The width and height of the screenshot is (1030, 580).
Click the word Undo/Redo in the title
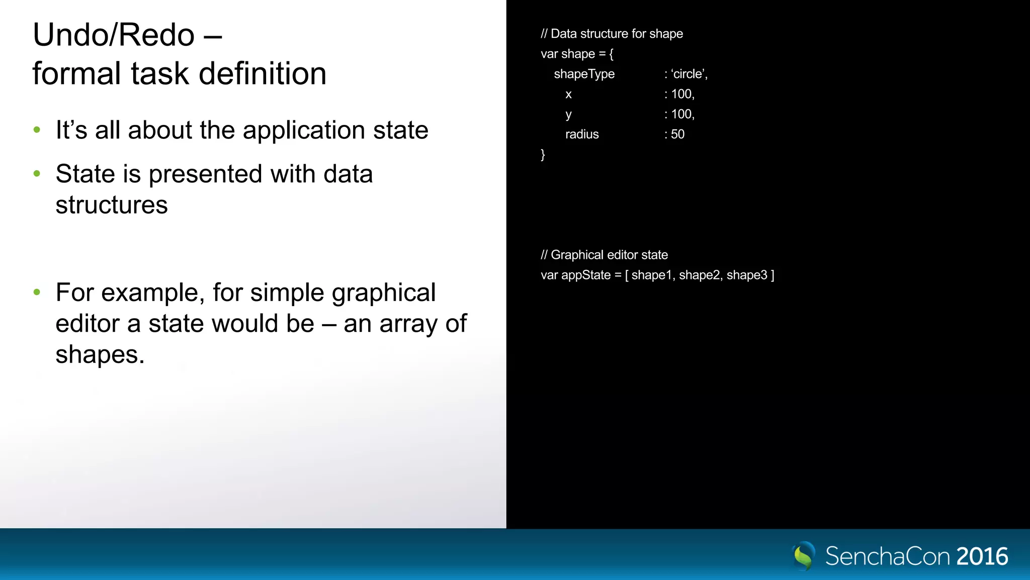coord(114,35)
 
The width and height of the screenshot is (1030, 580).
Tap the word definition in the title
coord(263,74)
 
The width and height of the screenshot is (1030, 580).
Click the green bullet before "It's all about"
coord(37,130)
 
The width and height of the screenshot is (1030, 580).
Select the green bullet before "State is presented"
coord(37,174)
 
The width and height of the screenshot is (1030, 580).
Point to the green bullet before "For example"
coord(37,292)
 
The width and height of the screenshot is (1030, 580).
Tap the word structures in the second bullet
coord(112,205)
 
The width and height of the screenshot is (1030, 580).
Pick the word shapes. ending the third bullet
coord(100,354)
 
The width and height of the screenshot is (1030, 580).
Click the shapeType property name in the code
coord(584,74)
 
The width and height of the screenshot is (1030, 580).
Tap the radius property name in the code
coord(582,134)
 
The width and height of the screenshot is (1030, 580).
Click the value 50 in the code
coord(677,134)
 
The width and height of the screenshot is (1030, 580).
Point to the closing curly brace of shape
coord(543,154)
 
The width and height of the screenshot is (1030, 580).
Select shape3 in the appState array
coord(747,275)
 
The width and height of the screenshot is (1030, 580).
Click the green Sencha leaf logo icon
coord(803,556)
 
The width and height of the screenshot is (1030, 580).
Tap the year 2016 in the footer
coord(982,556)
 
